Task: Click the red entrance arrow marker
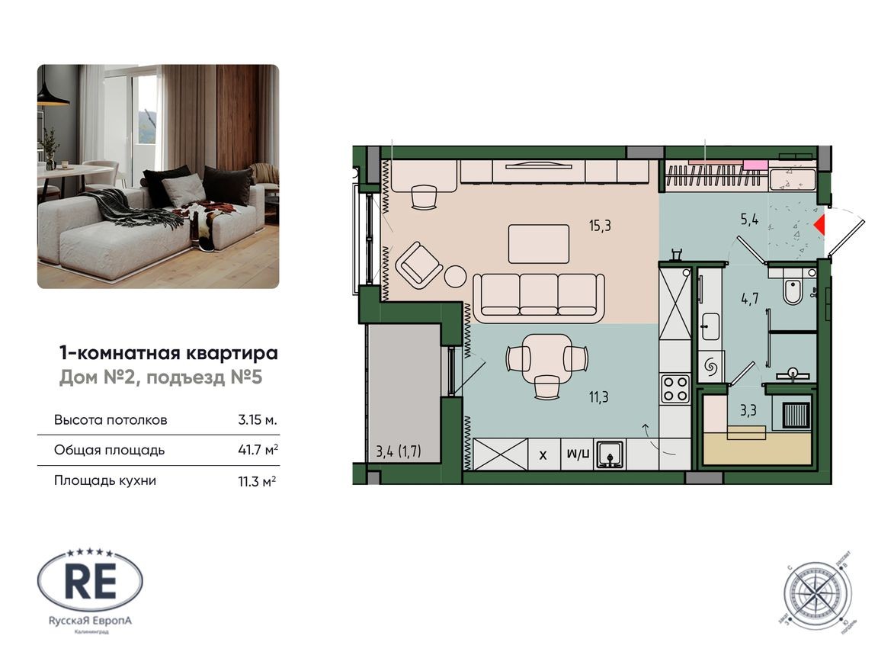pyautogui.click(x=820, y=224)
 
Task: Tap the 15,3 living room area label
pyautogui.click(x=600, y=225)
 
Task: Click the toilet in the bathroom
pyautogui.click(x=793, y=290)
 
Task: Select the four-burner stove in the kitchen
pyautogui.click(x=675, y=387)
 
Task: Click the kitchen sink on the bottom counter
pyautogui.click(x=610, y=454)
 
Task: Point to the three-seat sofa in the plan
pyautogui.click(x=539, y=296)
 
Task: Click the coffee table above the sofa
pyautogui.click(x=539, y=243)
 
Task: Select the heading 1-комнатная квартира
pyautogui.click(x=168, y=353)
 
